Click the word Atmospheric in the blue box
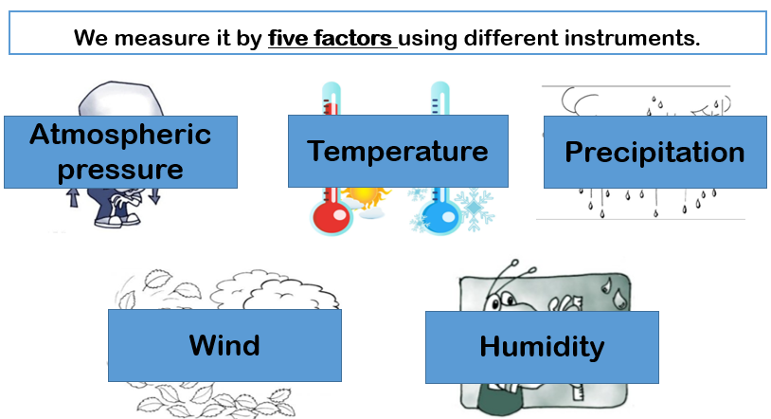coord(120,135)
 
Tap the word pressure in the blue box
coord(120,170)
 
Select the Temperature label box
coord(398,151)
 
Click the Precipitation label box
coord(654,152)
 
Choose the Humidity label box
coord(541,347)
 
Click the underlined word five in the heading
coord(291,40)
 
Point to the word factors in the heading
coord(356,40)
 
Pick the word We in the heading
coord(89,40)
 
